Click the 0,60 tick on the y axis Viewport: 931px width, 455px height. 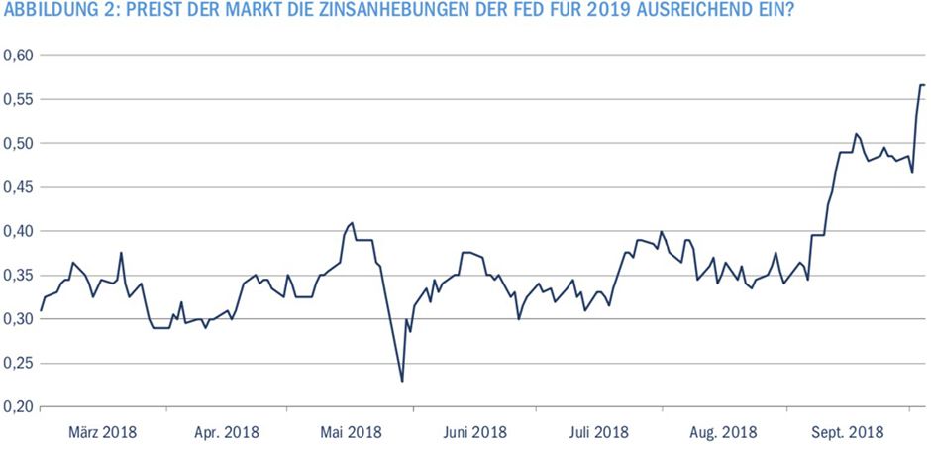pos(18,56)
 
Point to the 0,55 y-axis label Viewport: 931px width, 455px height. pos(18,99)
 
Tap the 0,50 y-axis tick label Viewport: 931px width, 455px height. pos(18,143)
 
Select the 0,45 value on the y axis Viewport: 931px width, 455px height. pos(18,187)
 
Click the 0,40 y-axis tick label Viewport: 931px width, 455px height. pos(18,231)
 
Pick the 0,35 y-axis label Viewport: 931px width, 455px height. pos(18,276)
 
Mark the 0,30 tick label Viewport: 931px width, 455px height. pos(18,319)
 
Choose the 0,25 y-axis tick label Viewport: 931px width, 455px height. pos(18,364)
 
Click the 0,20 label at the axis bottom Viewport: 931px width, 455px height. pos(18,407)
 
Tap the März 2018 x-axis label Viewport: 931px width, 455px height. pos(103,432)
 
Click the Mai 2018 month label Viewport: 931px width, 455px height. pos(351,432)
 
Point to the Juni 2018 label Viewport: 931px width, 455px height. pos(473,432)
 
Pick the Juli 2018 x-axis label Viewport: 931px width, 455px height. pos(599,432)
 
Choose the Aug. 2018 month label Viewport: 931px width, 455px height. pos(722,432)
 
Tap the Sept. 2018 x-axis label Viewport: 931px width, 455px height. pos(847,432)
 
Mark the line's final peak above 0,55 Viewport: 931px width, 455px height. pos(921,85)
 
